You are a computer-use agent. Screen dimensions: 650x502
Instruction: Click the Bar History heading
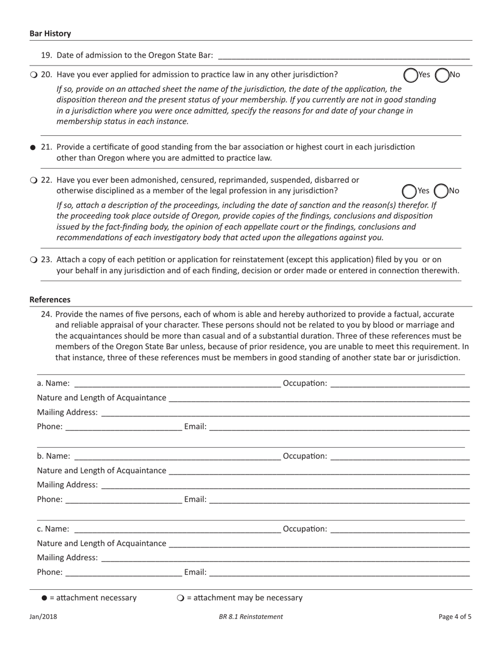(x=50, y=33)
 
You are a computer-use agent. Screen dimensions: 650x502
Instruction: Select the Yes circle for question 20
(x=411, y=75)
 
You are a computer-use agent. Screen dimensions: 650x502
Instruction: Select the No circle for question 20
(x=442, y=75)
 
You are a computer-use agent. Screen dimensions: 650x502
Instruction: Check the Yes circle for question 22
(x=409, y=191)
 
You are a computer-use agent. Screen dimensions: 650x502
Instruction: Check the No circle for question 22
(x=440, y=191)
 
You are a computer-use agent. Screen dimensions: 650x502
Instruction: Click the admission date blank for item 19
(x=343, y=55)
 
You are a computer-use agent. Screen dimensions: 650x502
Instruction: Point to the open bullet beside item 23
(x=33, y=259)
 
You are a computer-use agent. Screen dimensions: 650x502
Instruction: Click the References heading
(x=50, y=300)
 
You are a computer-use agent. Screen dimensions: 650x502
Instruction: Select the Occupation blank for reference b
(x=399, y=456)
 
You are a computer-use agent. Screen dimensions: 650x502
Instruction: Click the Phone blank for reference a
(x=124, y=427)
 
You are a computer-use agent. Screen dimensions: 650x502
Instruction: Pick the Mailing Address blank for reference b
(x=285, y=485)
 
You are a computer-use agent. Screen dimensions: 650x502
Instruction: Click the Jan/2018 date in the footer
(x=43, y=616)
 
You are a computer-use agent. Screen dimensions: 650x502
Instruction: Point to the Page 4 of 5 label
(x=455, y=616)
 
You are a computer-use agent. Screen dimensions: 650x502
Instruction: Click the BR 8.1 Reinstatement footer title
(x=251, y=616)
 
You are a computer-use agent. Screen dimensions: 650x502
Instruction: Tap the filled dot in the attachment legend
(x=44, y=598)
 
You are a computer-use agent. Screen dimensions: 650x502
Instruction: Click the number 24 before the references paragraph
(x=47, y=313)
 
